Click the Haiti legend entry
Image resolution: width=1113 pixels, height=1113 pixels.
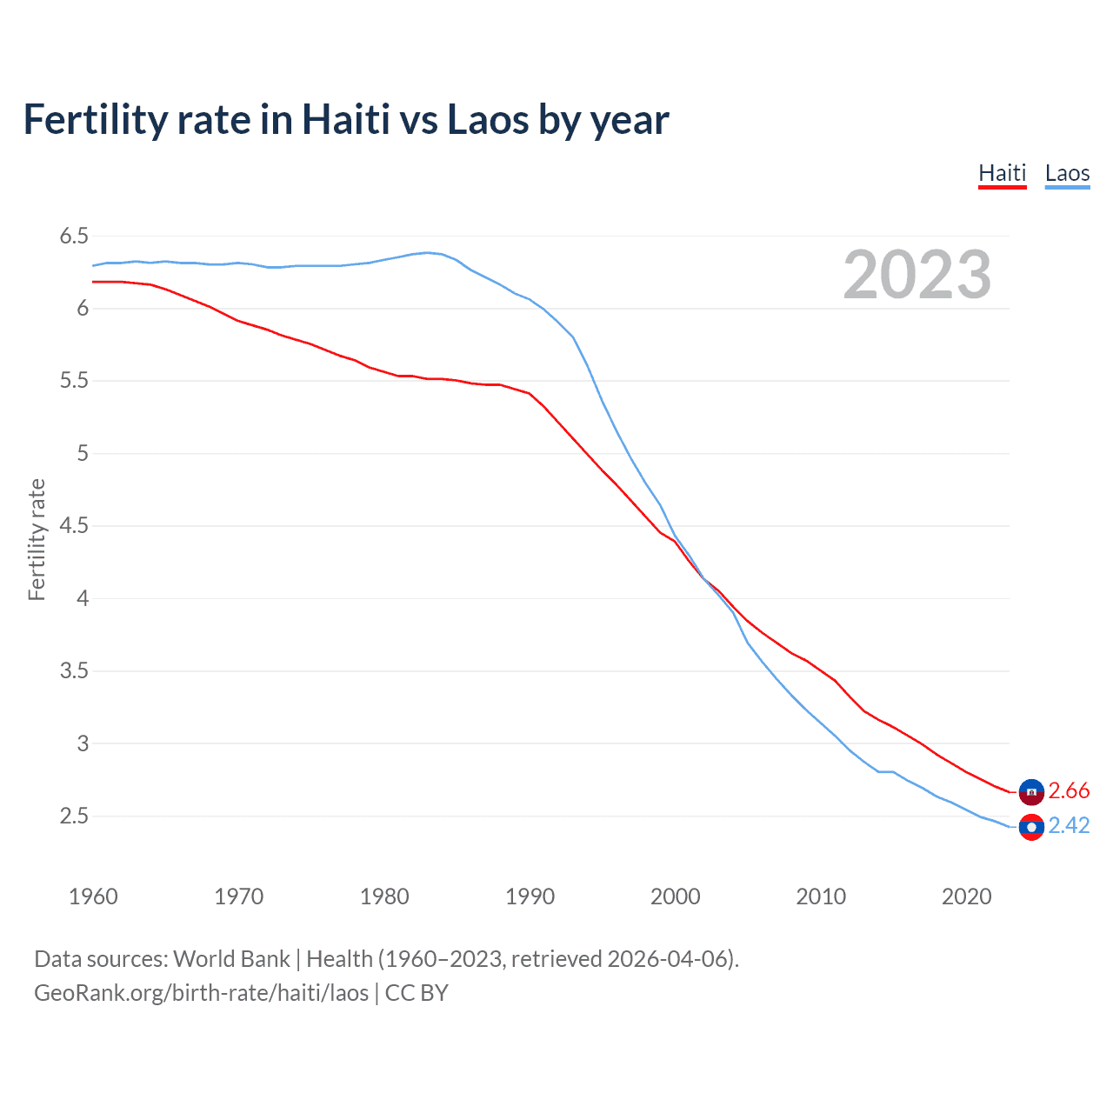pyautogui.click(x=1002, y=173)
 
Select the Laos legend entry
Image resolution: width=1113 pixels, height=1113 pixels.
pyautogui.click(x=1067, y=173)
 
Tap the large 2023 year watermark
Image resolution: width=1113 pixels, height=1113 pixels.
pyautogui.click(x=916, y=275)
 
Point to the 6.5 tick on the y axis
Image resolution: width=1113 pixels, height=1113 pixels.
pyautogui.click(x=74, y=237)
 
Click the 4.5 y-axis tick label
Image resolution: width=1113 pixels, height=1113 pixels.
pyautogui.click(x=74, y=526)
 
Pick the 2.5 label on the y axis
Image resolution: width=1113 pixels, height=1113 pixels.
pyautogui.click(x=74, y=816)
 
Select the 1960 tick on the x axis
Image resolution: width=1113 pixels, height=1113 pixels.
pyautogui.click(x=93, y=896)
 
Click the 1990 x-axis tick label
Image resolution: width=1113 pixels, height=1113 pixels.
pyautogui.click(x=530, y=896)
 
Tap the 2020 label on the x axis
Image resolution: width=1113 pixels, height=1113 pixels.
pyautogui.click(x=966, y=896)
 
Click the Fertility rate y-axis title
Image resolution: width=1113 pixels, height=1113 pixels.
pyautogui.click(x=37, y=539)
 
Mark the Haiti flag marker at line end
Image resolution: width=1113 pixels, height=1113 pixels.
pyautogui.click(x=1031, y=791)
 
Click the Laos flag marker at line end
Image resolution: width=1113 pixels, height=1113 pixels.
pyautogui.click(x=1031, y=827)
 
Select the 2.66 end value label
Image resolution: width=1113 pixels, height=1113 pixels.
pyautogui.click(x=1069, y=791)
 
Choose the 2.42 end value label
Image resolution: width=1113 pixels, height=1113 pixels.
pyautogui.click(x=1069, y=826)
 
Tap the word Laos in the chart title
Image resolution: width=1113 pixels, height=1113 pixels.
pyautogui.click(x=488, y=119)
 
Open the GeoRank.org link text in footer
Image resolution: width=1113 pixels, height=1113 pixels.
pyautogui.click(x=201, y=993)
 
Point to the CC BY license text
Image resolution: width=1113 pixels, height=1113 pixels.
pyautogui.click(x=417, y=993)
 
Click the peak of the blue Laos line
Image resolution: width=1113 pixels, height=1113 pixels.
pyautogui.click(x=427, y=252)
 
